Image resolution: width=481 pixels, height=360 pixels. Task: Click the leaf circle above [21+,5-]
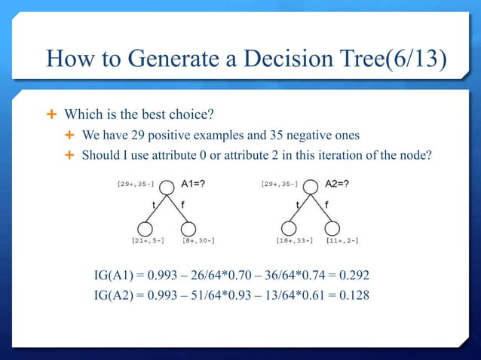pyautogui.click(x=146, y=227)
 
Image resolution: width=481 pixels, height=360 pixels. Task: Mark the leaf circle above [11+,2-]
pyautogui.click(x=339, y=227)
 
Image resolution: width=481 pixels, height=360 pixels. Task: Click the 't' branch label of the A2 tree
pyautogui.click(x=299, y=203)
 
